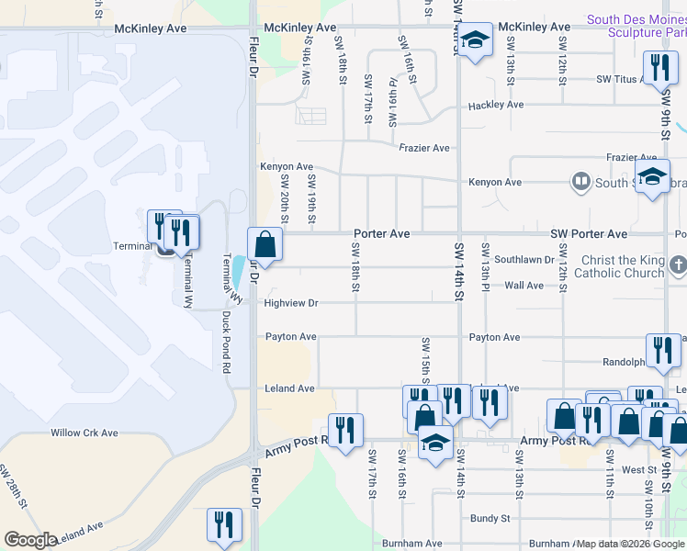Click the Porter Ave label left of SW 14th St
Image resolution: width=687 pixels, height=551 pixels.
point(382,234)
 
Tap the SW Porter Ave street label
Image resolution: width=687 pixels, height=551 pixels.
point(588,234)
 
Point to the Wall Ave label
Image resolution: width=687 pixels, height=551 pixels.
point(524,286)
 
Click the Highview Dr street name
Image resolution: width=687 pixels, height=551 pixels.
point(290,302)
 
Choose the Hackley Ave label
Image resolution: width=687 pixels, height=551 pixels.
point(495,105)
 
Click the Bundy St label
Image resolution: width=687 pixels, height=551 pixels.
point(490,518)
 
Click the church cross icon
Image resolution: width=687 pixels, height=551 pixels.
point(677,266)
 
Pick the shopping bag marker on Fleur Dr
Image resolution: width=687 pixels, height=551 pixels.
point(265,245)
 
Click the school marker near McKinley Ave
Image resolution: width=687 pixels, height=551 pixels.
point(474,41)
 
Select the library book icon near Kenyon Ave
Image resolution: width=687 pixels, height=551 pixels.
point(580,182)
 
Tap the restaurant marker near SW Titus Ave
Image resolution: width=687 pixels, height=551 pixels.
point(659,67)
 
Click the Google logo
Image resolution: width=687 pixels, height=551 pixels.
point(30,540)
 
